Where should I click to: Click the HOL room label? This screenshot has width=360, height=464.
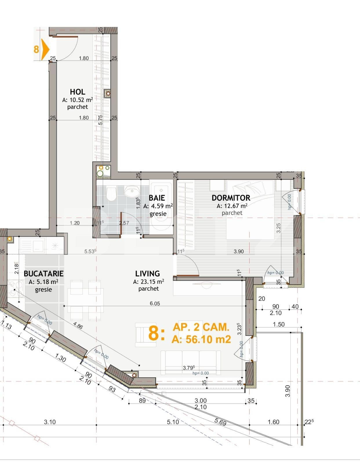point(77,92)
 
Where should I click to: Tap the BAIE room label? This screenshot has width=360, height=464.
point(157,198)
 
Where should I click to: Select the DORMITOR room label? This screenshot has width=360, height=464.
point(231,198)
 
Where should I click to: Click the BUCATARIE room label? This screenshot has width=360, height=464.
point(43,273)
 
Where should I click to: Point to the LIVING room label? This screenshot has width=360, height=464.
point(148,273)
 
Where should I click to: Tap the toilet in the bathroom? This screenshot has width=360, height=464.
point(111,194)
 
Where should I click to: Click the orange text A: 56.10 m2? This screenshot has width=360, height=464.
point(201,339)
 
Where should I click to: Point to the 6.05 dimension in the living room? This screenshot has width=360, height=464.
point(155,303)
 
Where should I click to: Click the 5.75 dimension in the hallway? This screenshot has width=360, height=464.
point(100,120)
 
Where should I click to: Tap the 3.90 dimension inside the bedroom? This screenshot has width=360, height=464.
point(239,251)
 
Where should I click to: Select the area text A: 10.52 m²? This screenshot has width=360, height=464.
point(77,100)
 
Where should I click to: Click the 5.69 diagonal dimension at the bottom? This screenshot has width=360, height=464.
point(220,422)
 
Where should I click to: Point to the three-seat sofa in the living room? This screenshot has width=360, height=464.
point(190,362)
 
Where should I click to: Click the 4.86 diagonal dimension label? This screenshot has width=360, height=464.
point(78,325)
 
